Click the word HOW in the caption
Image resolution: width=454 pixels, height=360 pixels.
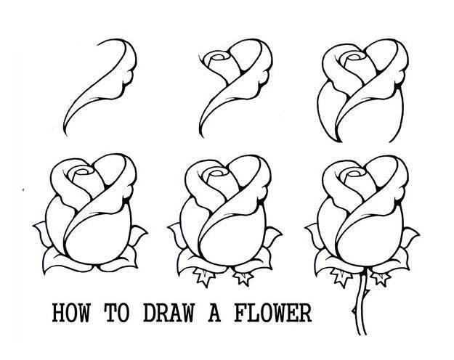(71, 313)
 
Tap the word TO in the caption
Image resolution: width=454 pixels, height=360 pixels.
(117, 313)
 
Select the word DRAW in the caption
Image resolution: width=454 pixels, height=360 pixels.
(169, 313)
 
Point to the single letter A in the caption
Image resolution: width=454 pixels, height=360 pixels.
(214, 313)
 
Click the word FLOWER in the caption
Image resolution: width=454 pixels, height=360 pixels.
(273, 313)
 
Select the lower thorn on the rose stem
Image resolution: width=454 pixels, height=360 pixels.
(354, 311)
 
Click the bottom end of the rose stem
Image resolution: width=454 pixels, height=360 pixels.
(362, 334)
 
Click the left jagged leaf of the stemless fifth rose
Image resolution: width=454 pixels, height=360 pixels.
(204, 277)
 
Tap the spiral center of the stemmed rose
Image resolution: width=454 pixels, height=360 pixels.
(354, 173)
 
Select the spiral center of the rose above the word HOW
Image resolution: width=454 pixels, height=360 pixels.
(84, 171)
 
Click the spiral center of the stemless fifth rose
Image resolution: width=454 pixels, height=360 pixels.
(219, 173)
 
